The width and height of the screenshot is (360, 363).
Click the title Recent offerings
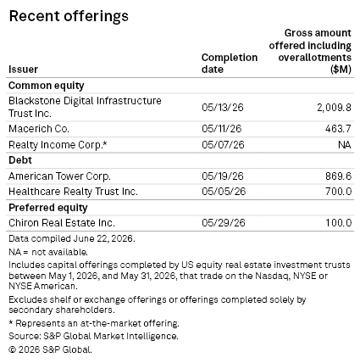click(69, 16)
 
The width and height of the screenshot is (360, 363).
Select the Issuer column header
click(23, 70)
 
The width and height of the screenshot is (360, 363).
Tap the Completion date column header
click(230, 64)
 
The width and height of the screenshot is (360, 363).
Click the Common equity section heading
click(47, 86)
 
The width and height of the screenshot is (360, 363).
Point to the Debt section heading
click(20, 160)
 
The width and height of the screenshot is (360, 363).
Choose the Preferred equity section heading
click(48, 208)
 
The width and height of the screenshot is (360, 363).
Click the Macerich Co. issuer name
click(39, 129)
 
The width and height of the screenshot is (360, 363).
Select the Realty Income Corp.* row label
click(58, 145)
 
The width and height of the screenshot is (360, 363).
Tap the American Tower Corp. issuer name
click(59, 176)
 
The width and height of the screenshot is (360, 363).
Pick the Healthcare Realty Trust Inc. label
click(73, 192)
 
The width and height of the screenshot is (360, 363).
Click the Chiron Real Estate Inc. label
click(62, 223)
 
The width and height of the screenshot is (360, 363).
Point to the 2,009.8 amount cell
click(334, 108)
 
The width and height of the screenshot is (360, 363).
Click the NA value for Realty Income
click(345, 145)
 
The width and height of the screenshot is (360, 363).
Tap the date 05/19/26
click(223, 176)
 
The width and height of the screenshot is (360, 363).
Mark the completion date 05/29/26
click(224, 223)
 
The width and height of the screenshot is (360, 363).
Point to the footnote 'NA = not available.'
click(48, 252)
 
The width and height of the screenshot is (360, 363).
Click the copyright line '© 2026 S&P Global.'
click(50, 349)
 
